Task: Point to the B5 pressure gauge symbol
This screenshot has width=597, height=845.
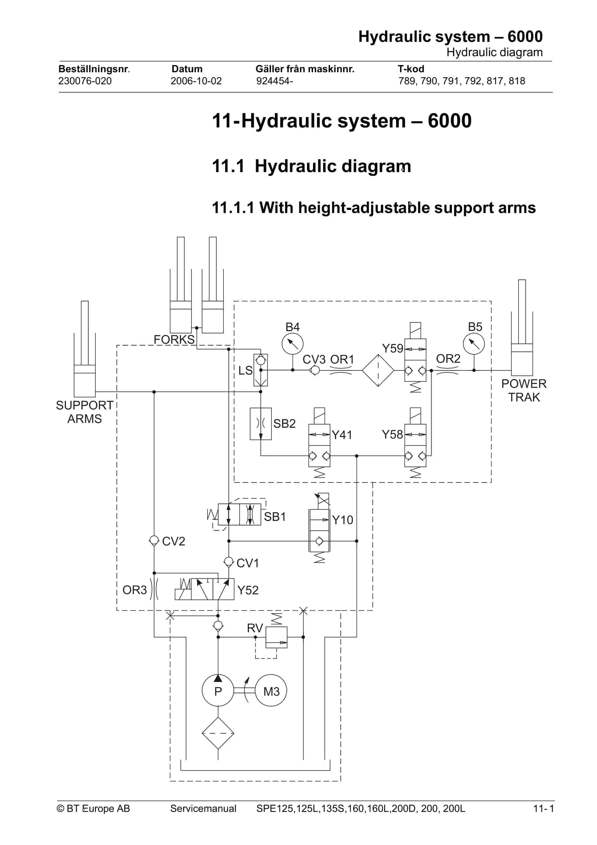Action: click(x=474, y=344)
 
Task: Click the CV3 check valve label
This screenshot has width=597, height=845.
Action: click(x=314, y=359)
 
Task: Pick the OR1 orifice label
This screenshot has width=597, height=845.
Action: click(x=342, y=359)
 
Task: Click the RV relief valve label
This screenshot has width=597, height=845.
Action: click(x=255, y=628)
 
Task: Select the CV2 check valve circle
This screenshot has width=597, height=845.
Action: click(x=154, y=541)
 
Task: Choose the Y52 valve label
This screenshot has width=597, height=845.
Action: click(x=248, y=590)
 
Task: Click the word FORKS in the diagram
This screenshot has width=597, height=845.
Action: click(x=174, y=339)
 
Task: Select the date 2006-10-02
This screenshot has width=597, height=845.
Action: click(x=196, y=81)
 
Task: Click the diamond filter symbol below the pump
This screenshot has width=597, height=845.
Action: click(x=218, y=733)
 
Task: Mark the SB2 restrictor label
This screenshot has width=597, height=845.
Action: click(x=284, y=423)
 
